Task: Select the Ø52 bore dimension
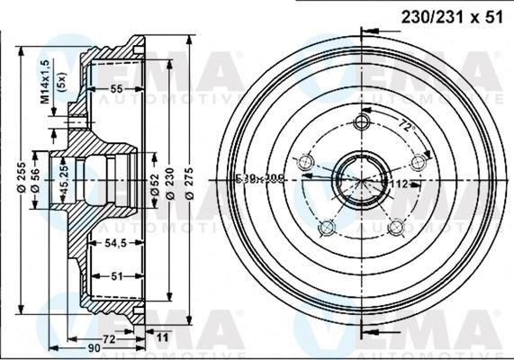[x=156, y=178]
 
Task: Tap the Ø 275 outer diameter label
[x=188, y=178]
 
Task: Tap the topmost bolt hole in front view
[x=363, y=122]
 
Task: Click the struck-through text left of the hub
[x=258, y=178]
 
